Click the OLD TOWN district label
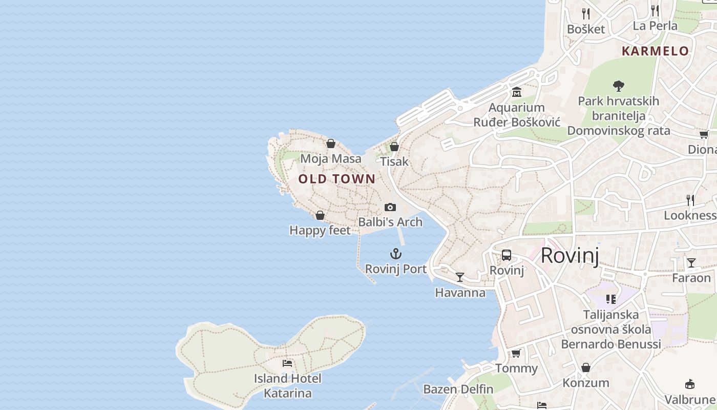(337, 179)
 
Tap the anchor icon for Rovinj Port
(395, 254)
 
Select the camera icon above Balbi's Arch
(390, 207)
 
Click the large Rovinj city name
(570, 255)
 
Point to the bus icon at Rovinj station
(507, 255)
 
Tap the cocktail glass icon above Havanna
(460, 277)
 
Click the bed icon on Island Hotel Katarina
(287, 363)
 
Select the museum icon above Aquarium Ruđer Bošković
(516, 92)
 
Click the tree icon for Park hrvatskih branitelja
(618, 86)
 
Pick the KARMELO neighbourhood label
(655, 51)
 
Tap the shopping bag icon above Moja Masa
(331, 143)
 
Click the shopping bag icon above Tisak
(394, 147)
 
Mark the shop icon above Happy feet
(320, 215)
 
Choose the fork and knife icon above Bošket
(586, 13)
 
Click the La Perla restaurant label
(655, 26)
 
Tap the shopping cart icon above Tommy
(516, 353)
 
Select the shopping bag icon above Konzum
(586, 367)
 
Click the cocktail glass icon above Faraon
(691, 263)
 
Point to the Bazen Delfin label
(458, 389)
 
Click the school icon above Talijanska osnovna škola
(610, 299)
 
